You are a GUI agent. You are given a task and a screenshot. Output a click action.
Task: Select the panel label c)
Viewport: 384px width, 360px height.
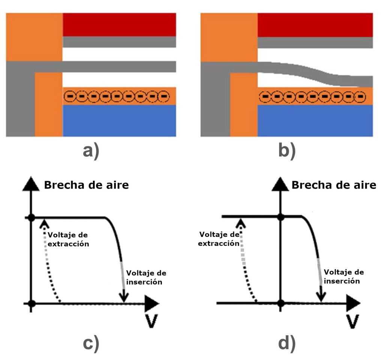91,345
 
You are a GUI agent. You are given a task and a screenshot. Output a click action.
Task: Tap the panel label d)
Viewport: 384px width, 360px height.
287,345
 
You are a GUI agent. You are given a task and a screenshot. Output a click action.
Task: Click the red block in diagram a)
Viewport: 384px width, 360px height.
119,25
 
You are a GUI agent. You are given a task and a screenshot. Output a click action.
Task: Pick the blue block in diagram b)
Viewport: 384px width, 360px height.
315,120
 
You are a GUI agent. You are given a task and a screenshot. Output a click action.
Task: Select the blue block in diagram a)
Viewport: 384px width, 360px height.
119,120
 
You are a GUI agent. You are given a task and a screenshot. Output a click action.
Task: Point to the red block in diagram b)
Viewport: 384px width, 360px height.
315,25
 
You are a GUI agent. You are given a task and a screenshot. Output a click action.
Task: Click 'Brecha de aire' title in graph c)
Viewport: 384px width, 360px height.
86,185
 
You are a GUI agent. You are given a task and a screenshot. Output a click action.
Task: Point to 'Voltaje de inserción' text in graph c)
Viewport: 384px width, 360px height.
146,277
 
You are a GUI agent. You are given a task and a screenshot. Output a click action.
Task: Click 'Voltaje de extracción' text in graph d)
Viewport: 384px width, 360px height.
219,238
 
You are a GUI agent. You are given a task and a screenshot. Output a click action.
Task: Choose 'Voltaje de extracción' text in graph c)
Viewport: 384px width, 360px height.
70,239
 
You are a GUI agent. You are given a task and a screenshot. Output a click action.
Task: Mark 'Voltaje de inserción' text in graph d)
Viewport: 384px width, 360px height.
343,276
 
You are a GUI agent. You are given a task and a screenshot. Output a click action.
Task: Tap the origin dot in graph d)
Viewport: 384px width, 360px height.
280,303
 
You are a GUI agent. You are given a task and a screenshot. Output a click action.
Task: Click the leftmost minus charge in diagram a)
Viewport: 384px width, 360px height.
70,97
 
